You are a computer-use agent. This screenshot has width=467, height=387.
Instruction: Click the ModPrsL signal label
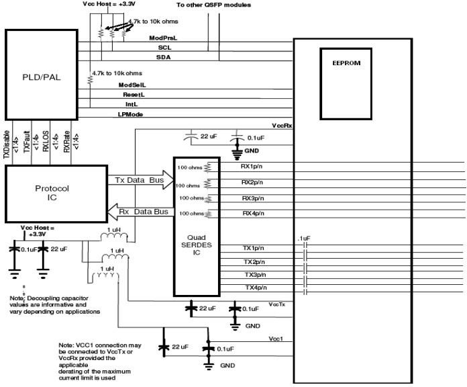click(162, 38)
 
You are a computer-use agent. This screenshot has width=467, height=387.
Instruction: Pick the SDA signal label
click(163, 58)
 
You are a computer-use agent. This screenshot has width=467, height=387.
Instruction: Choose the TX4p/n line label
click(255, 288)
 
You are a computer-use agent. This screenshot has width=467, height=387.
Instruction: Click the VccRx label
click(281, 126)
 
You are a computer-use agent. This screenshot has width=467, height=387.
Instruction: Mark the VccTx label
click(278, 304)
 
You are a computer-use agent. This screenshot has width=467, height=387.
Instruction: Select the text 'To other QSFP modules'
click(214, 5)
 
